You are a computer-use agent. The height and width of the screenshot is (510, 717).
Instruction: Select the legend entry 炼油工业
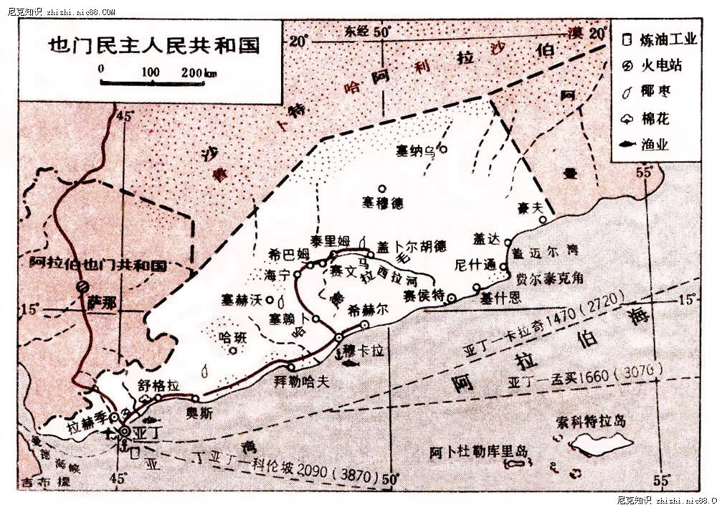tap(668, 39)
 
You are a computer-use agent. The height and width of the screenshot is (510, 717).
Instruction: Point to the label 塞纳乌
tap(416, 151)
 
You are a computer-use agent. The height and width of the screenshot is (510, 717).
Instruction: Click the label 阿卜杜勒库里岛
tap(478, 453)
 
